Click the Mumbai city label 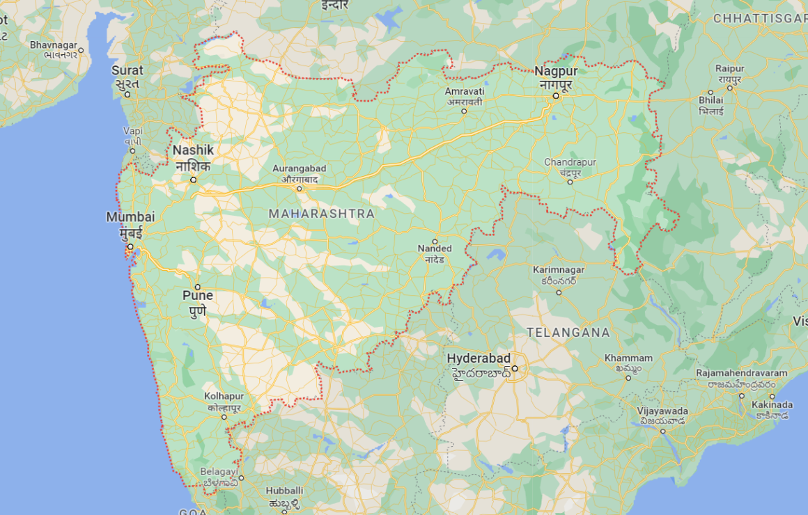(130, 224)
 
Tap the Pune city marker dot (197, 287)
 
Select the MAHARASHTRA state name (321, 214)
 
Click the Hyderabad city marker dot (515, 368)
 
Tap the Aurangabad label (299, 173)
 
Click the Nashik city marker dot (194, 180)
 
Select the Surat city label (127, 76)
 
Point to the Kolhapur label (223, 401)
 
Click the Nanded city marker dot (435, 241)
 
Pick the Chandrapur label (570, 166)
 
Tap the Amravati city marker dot (464, 111)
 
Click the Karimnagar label (559, 274)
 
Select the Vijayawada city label (662, 415)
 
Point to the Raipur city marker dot (710, 92)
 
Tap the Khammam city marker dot (628, 378)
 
